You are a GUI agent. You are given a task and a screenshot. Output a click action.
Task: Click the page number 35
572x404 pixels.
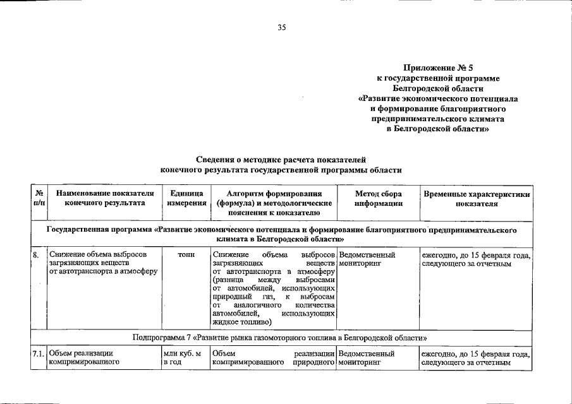(x=282, y=27)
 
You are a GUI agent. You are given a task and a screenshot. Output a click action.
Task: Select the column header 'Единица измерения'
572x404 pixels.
(x=186, y=198)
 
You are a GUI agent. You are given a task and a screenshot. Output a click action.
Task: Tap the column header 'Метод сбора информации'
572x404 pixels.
(x=378, y=198)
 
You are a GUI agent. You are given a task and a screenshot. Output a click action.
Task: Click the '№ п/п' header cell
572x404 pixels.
(x=39, y=198)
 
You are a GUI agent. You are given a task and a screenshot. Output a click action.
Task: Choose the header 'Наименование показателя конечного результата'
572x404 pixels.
(x=104, y=198)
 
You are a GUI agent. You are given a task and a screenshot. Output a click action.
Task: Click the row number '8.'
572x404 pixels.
(x=37, y=255)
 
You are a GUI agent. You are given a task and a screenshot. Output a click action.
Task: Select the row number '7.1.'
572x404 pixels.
(x=39, y=354)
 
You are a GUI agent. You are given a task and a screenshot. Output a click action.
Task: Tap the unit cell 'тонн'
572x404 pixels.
(x=186, y=255)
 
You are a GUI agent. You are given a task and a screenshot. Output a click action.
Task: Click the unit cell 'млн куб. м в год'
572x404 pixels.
(x=182, y=359)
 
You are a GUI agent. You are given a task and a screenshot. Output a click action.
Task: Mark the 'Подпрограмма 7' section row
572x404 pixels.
(x=281, y=336)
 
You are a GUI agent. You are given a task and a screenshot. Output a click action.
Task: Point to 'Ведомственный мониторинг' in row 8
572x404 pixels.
(x=367, y=259)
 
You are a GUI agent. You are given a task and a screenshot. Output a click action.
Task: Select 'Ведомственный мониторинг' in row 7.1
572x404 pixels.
(x=367, y=359)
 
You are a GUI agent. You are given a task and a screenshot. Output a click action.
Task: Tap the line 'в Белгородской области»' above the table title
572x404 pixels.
(x=437, y=129)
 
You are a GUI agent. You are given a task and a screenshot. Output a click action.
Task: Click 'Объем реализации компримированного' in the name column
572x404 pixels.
(x=84, y=359)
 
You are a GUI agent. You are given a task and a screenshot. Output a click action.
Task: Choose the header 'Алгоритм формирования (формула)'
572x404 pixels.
(x=274, y=198)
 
